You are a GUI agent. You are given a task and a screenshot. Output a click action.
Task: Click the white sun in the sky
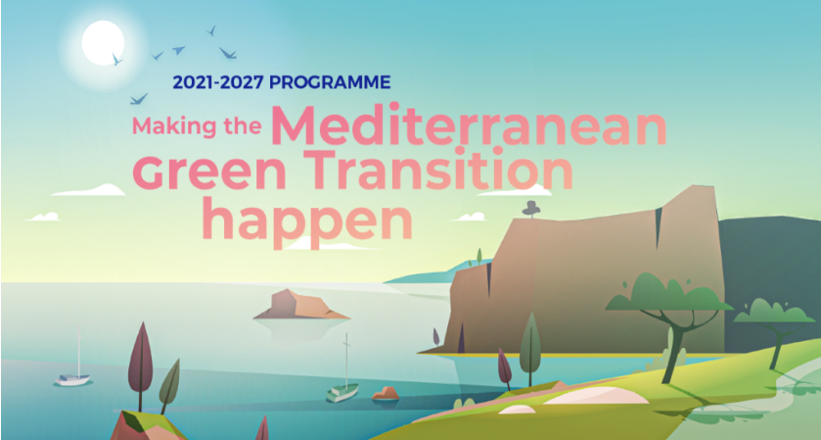[103, 43]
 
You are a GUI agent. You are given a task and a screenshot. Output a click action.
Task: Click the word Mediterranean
[469, 125]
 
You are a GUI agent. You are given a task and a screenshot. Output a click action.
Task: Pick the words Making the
[197, 126]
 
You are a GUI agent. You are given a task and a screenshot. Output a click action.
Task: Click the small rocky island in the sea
[301, 304]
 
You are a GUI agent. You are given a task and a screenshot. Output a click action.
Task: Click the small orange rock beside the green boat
[386, 393]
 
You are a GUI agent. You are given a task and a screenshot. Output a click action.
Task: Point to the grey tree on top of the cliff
[531, 208]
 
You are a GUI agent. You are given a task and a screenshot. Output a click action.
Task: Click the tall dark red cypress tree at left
[140, 362]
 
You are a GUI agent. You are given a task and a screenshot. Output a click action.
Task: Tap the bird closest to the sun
[116, 59]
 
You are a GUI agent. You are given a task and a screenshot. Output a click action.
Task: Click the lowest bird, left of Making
[139, 99]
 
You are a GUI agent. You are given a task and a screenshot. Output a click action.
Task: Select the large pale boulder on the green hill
[597, 396]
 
